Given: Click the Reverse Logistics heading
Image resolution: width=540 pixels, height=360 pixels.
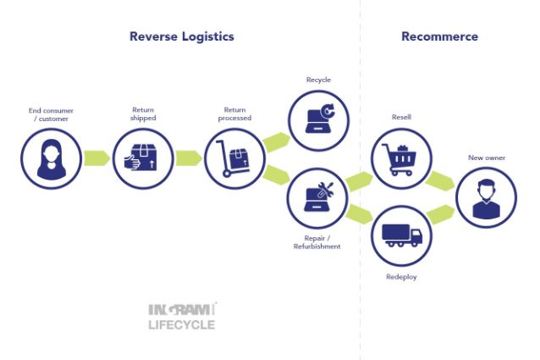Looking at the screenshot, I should (x=181, y=36).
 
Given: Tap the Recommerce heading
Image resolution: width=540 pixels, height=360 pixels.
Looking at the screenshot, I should (x=439, y=36).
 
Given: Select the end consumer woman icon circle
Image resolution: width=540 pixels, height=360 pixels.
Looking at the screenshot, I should (x=51, y=158).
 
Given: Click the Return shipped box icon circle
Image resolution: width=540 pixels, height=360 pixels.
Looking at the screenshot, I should (x=142, y=158).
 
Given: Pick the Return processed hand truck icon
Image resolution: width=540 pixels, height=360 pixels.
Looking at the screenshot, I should (x=234, y=158).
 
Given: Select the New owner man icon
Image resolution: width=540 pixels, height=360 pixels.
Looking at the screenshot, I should (x=486, y=197).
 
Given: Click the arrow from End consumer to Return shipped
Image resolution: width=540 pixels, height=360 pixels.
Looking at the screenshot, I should (x=97, y=158).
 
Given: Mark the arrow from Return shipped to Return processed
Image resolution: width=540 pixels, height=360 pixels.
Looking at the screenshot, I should (x=189, y=158).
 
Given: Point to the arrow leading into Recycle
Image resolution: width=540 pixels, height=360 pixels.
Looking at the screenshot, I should (x=276, y=141).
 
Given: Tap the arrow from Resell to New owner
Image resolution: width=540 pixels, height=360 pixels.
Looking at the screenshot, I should (x=442, y=180).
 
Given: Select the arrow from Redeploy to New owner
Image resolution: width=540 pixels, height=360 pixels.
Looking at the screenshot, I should (x=442, y=214).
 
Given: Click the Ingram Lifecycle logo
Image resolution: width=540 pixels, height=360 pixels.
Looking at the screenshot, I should (x=182, y=315).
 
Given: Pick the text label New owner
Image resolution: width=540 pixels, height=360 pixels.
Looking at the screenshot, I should (x=486, y=158).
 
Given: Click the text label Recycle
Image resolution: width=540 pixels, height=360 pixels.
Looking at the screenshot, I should (x=318, y=80).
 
